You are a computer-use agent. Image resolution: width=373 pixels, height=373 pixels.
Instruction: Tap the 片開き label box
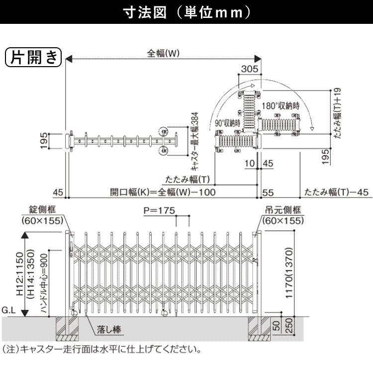click(33, 58)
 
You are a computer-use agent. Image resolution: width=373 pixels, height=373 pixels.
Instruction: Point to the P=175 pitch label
click(159, 211)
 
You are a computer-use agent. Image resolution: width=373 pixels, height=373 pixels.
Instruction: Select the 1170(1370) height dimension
click(295, 271)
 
